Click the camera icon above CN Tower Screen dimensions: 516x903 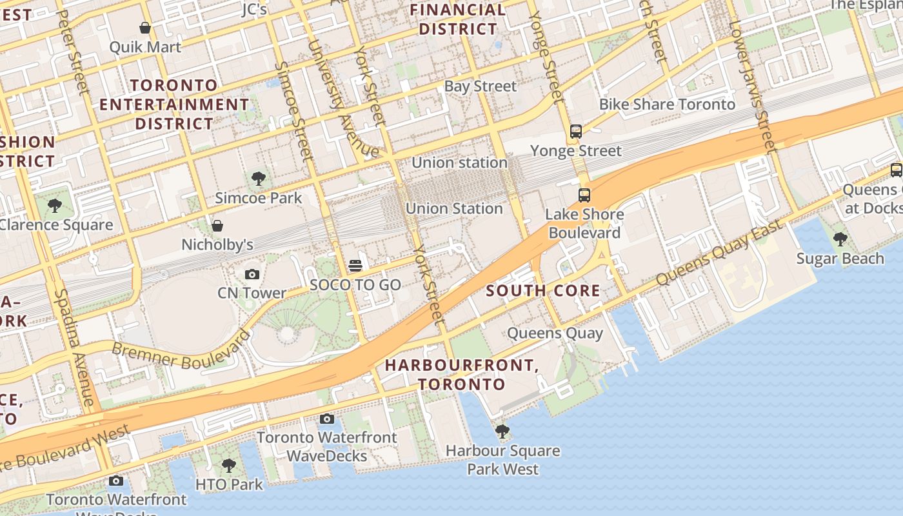point(252,274)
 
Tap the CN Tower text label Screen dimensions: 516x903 point(252,293)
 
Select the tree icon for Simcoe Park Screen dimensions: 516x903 point(259,179)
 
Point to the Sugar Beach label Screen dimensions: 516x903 point(840,259)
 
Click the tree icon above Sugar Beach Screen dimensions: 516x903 point(840,239)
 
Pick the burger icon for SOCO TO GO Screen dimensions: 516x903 point(355,266)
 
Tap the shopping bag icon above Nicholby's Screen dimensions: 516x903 point(217,226)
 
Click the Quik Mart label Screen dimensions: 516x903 point(145,47)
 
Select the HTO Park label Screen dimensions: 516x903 point(229,484)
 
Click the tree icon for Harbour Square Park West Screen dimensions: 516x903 point(502,431)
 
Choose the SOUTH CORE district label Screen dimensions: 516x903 point(542,290)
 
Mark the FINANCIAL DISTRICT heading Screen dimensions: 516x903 point(458,19)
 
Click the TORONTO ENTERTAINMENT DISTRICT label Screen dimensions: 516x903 point(174,104)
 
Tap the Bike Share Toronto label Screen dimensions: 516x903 point(667,104)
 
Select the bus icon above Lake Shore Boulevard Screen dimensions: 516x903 point(584,195)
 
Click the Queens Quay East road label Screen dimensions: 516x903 point(719,253)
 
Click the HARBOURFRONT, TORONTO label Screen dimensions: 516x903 point(462,375)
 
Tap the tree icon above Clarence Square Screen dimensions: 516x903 point(55,206)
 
